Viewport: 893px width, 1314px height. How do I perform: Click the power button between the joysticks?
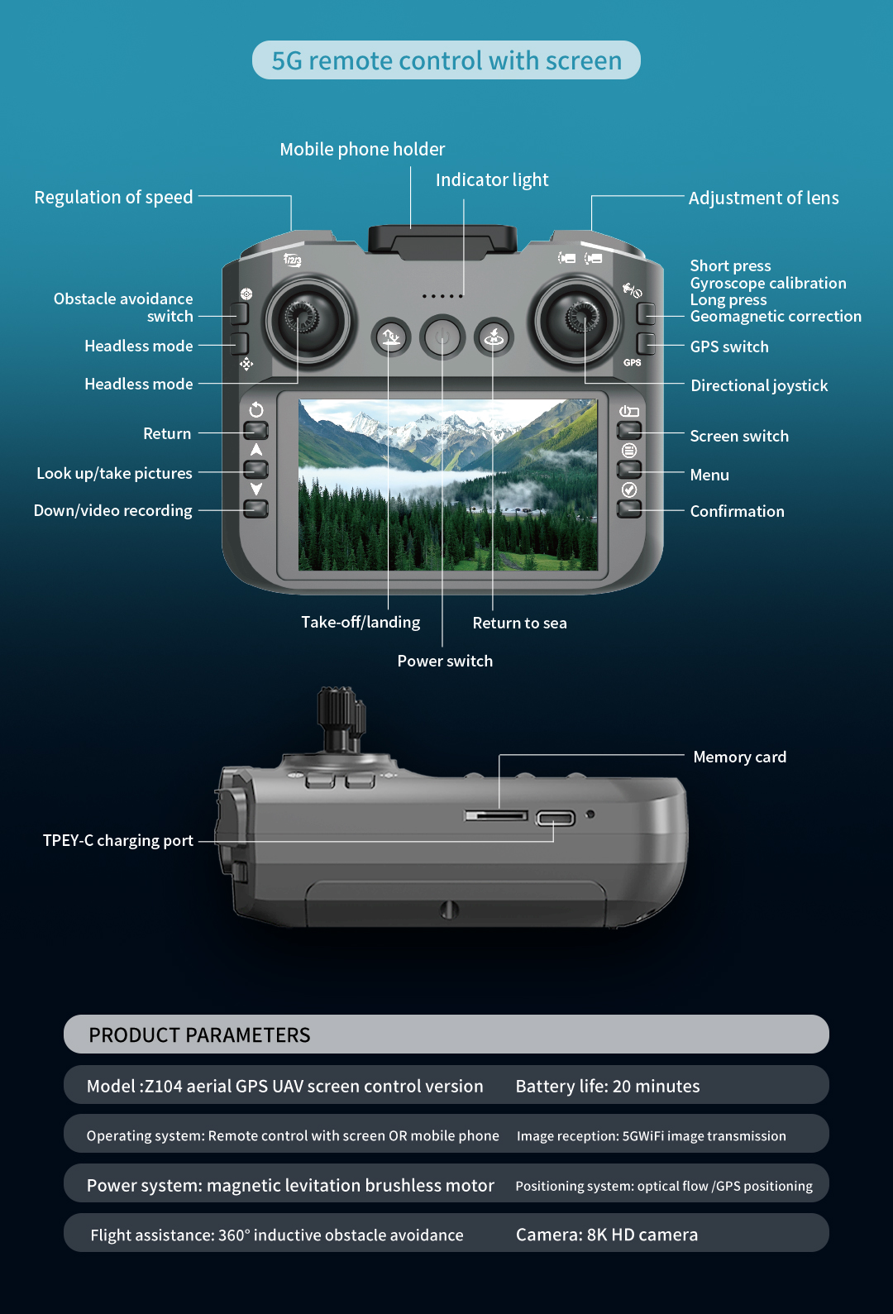click(x=442, y=337)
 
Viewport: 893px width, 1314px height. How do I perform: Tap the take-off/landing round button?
click(x=391, y=337)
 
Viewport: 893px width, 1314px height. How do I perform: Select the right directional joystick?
click(x=578, y=318)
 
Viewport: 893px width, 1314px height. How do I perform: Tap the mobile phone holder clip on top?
click(x=442, y=239)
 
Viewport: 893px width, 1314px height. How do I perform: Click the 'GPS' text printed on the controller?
click(x=633, y=363)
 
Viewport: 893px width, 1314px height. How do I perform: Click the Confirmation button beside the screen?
click(x=630, y=508)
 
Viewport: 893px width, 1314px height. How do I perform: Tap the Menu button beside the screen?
click(x=630, y=469)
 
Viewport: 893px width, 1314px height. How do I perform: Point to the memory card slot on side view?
click(x=496, y=816)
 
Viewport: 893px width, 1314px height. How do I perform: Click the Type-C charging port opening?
click(x=555, y=819)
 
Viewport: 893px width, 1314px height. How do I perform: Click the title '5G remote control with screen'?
click(x=446, y=60)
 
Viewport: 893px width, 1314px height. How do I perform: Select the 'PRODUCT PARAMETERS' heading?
click(x=199, y=1035)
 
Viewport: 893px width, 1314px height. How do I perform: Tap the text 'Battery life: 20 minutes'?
click(x=608, y=1086)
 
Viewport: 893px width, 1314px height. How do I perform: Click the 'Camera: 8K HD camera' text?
click(x=607, y=1235)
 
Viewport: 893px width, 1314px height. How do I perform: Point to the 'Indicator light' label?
click(x=492, y=180)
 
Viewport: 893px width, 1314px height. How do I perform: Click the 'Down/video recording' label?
click(x=113, y=511)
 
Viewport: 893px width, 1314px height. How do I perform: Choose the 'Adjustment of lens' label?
click(x=763, y=198)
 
